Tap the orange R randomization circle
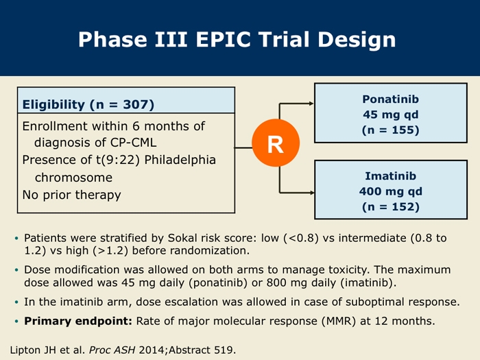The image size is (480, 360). click(276, 143)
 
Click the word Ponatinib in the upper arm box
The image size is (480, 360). click(390, 99)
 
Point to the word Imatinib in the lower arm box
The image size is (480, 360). click(391, 176)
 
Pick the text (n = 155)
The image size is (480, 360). click(390, 130)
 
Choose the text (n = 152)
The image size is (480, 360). click(391, 207)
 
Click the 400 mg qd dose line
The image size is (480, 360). click(391, 191)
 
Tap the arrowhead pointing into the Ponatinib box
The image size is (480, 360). click(311, 104)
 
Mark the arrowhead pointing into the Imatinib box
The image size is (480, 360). click(312, 193)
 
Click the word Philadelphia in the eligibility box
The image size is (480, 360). click(180, 160)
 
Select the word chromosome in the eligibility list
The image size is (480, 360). click(73, 178)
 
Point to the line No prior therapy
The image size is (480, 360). click(71, 195)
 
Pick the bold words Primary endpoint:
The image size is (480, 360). click(78, 321)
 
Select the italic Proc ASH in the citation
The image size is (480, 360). click(112, 350)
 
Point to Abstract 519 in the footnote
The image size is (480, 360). click(200, 350)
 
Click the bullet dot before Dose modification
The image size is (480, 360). click(16, 270)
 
